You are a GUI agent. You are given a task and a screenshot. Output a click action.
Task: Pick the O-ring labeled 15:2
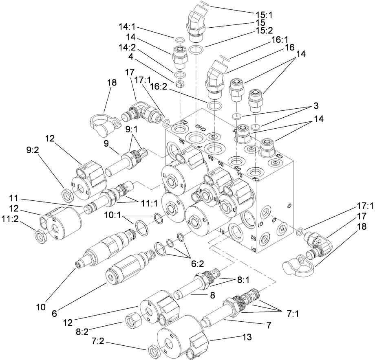coord(196,50)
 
